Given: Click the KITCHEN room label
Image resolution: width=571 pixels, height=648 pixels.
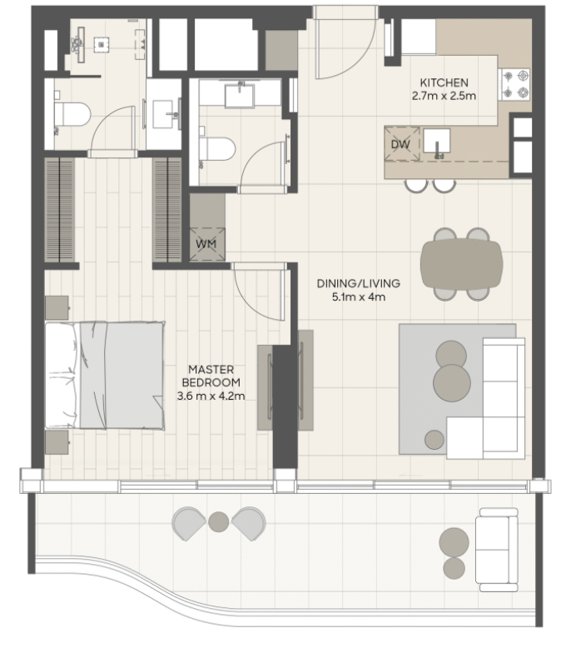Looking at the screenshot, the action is click(444, 82).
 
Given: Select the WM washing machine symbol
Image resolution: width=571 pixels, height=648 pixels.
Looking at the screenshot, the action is click(207, 244).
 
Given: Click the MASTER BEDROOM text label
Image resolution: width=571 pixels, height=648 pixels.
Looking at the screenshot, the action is click(211, 376).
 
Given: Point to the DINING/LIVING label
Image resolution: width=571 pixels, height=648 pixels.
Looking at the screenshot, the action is click(359, 283).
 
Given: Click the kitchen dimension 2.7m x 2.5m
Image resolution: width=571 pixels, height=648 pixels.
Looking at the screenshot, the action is click(444, 96).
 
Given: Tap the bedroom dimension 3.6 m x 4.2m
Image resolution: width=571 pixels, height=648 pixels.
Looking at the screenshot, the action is click(211, 396).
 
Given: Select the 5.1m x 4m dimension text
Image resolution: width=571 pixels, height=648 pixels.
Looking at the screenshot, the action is click(359, 297).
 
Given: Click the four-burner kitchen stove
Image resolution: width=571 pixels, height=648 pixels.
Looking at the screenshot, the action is click(515, 84).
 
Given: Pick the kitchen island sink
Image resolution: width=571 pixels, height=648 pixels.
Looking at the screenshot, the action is click(436, 141).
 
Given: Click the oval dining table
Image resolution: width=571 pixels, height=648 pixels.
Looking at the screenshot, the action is click(462, 264).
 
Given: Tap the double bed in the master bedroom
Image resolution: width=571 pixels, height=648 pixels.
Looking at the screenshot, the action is click(105, 376).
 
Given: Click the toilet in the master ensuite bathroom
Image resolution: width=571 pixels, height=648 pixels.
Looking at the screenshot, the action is click(72, 114).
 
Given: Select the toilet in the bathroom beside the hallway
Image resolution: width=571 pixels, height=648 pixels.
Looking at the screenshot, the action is click(216, 149).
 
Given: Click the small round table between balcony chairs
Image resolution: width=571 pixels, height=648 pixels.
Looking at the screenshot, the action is click(218, 522).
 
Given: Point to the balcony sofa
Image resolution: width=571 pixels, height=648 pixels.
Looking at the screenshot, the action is click(497, 550).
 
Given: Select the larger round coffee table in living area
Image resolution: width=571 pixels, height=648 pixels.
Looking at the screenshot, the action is click(452, 383).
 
